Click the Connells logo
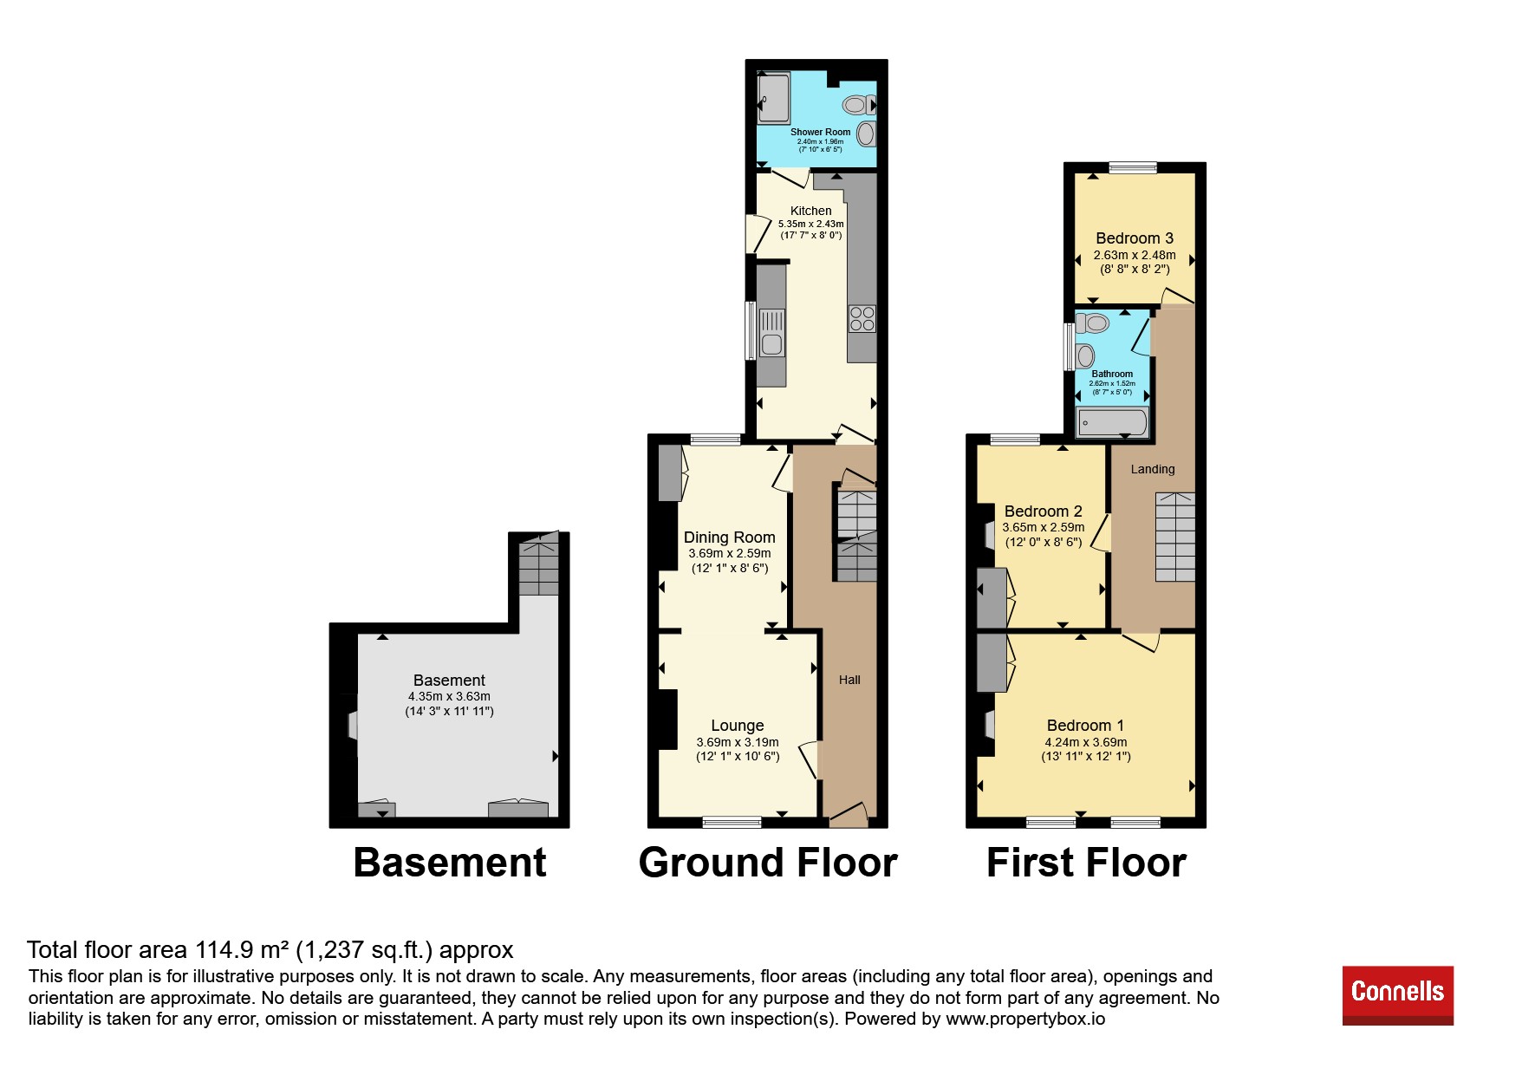1397,995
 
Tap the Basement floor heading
450,863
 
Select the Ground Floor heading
768,863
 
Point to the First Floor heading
1086,863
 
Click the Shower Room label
820,133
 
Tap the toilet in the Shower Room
860,105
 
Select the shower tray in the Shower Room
774,98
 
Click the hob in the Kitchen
862,319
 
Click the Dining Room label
730,537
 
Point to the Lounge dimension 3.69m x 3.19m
738,742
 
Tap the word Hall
849,680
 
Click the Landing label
1153,469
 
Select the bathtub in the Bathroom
1112,423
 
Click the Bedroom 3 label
1135,238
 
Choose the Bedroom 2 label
1044,511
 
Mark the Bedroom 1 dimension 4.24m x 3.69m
1086,742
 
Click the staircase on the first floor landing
1175,537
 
